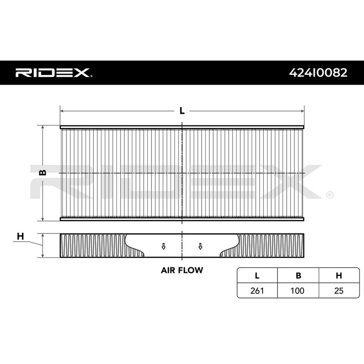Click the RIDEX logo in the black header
pyautogui.click(x=54, y=72)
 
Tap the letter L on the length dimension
pyautogui.click(x=182, y=111)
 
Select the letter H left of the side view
pyautogui.click(x=20, y=236)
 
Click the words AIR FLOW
pyautogui.click(x=182, y=269)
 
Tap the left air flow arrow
pyautogui.click(x=163, y=246)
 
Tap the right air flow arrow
pyautogui.click(x=200, y=246)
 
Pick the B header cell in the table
pyautogui.click(x=298, y=276)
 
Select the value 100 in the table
pyautogui.click(x=298, y=290)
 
